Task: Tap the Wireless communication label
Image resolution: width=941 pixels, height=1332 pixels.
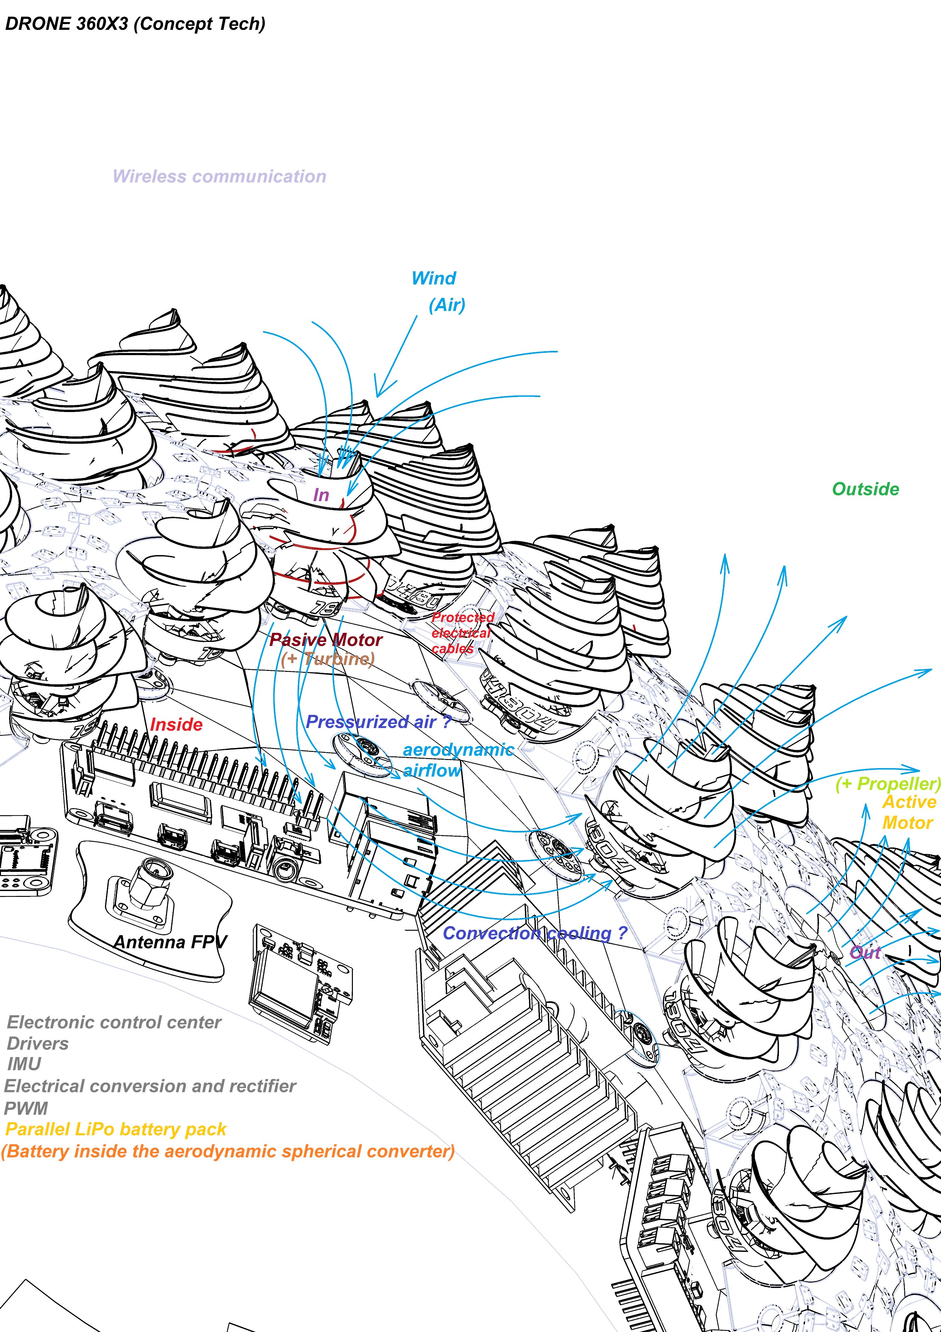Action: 219,176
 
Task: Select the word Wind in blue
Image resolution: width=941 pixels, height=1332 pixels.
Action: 434,278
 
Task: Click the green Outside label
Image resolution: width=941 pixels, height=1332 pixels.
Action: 865,489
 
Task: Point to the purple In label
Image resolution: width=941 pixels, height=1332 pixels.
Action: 321,495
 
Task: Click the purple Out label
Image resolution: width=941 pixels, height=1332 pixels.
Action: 865,952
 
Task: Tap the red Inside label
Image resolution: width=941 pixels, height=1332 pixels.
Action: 176,725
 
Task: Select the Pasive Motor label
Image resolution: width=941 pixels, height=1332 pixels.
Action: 327,640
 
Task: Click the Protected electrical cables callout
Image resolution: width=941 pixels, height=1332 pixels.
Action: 462,633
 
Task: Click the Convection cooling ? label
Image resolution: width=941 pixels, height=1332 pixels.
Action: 535,933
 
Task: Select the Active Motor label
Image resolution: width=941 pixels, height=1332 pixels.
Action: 909,812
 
